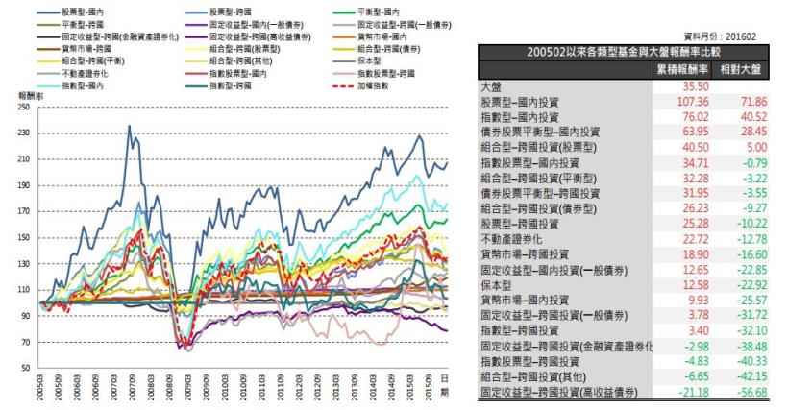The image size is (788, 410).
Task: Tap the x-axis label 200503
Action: tap(41, 388)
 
